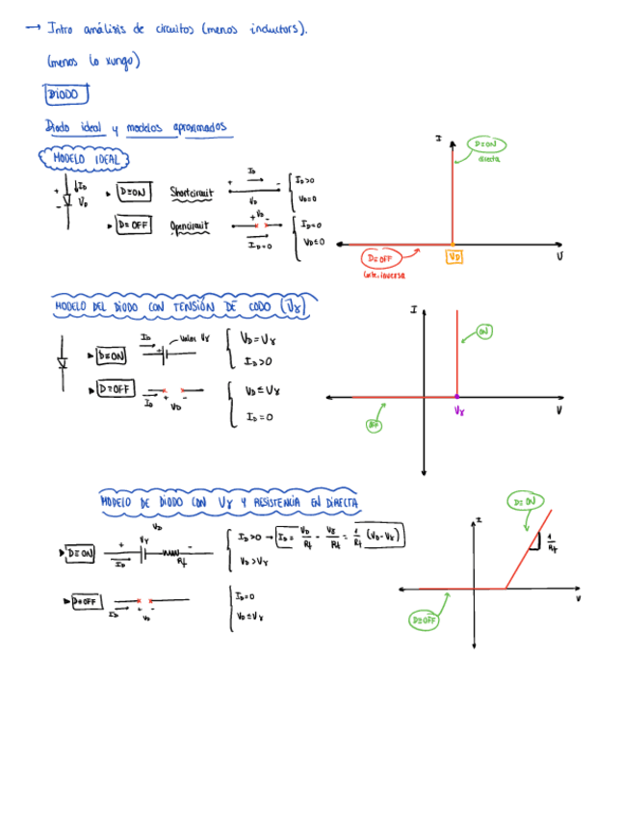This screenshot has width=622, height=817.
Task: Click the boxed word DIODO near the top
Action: coord(66,94)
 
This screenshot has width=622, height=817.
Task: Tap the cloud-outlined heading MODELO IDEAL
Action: coord(86,159)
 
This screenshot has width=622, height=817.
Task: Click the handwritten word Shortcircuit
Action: coord(190,193)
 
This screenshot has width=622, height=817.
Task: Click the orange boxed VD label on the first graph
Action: coord(454,257)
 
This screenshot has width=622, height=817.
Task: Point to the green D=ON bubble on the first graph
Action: coord(487,145)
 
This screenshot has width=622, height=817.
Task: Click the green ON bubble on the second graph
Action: coord(483,331)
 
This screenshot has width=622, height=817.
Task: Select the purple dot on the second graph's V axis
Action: coord(456,397)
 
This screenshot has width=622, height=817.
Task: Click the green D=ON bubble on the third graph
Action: coord(526,501)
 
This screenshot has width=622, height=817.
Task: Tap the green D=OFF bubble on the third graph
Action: coord(425,620)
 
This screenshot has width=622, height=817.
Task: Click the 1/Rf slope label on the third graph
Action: coord(551,545)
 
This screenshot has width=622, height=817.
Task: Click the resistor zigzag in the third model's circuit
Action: coord(170,554)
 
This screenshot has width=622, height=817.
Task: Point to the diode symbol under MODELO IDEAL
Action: coord(67,199)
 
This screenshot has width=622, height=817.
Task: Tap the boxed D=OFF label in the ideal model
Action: coord(133,225)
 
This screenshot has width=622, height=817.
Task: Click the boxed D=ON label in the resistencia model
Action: coord(80,553)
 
